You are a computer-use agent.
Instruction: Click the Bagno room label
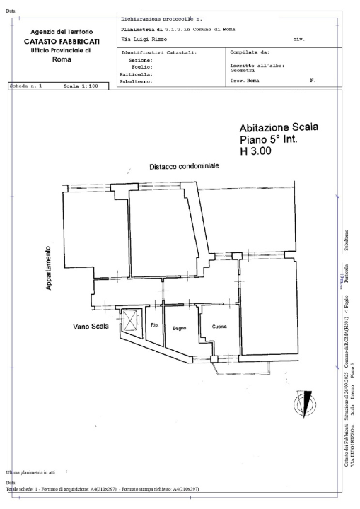[x=178, y=327]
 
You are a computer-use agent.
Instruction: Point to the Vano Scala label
[x=91, y=327]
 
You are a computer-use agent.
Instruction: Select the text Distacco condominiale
[x=184, y=166]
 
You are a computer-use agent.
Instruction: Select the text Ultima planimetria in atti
[x=35, y=471]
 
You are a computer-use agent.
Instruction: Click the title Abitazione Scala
[x=279, y=127]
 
